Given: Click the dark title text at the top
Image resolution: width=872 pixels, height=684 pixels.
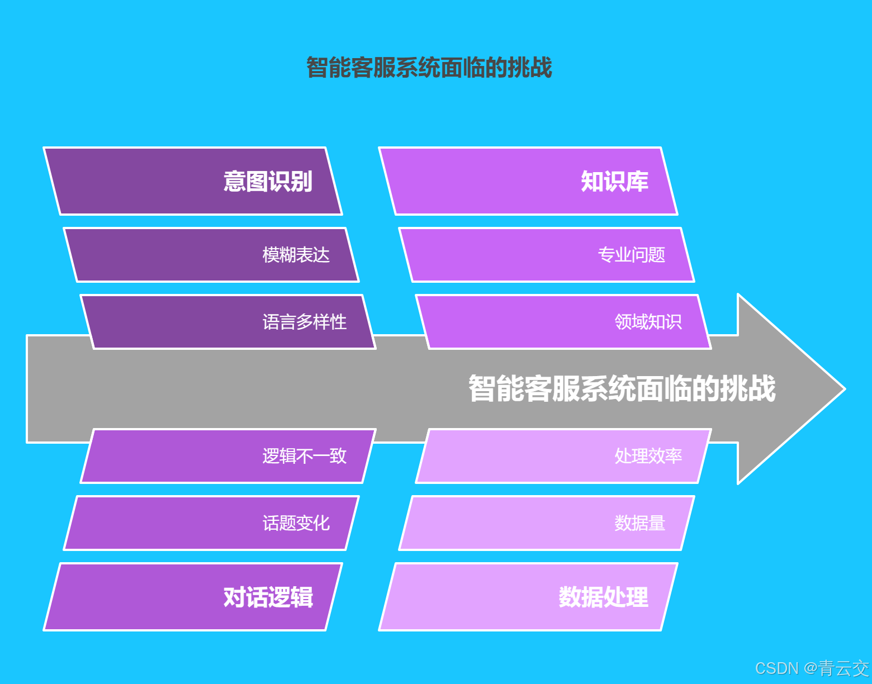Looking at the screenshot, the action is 429,68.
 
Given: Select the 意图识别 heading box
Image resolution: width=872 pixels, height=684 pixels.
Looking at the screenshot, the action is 193,181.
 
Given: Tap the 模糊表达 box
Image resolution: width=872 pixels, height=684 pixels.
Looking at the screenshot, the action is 211,255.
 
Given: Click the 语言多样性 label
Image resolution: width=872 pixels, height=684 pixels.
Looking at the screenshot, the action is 304,322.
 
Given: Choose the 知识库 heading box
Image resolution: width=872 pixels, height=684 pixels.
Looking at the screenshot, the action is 528,181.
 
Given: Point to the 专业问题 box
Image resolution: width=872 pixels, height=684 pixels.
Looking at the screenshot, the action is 547,255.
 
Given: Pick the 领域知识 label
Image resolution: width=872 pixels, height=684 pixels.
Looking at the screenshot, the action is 648,322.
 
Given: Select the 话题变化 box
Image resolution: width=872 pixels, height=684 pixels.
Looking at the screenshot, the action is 211,523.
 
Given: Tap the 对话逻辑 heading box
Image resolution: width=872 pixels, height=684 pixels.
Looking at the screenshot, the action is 193,597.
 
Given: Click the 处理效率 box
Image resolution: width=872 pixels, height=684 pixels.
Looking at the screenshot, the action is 563,456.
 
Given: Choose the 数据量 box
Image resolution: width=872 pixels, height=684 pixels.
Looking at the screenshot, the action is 547,523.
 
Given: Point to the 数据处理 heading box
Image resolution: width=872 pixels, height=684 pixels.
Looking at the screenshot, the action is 528,597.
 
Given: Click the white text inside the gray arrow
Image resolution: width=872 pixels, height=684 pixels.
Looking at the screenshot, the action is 622,388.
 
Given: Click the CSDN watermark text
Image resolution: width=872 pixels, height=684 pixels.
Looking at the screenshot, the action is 777,668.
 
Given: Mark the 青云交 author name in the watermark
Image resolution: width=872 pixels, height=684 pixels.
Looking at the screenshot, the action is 844,668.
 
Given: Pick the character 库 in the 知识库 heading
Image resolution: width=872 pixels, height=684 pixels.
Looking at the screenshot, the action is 637,181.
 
